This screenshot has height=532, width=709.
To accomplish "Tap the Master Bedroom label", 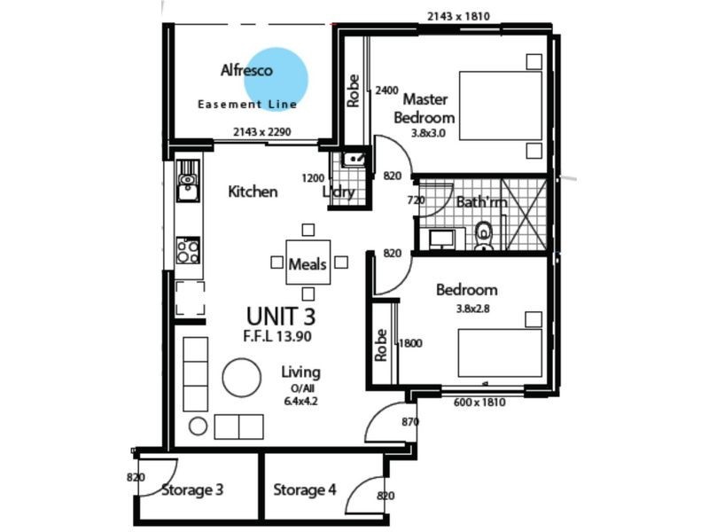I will click(x=425, y=108).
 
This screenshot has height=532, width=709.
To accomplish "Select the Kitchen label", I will click(x=253, y=192).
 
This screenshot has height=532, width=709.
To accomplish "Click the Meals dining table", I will click(x=308, y=263).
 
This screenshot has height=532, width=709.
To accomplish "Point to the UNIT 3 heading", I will click(x=280, y=316).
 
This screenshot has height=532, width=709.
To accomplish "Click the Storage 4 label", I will click(x=304, y=490).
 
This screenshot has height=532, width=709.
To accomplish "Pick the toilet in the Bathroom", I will click(x=484, y=236).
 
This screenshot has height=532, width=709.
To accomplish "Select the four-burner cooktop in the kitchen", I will click(x=188, y=251).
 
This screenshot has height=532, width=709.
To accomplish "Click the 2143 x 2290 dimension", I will click(x=262, y=132).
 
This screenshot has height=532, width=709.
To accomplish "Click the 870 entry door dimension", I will click(x=409, y=422).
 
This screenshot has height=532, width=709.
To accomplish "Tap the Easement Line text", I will click(x=247, y=105).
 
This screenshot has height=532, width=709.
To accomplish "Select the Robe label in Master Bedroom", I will click(x=354, y=90).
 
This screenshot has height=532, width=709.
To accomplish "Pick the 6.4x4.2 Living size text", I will click(x=300, y=401).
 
